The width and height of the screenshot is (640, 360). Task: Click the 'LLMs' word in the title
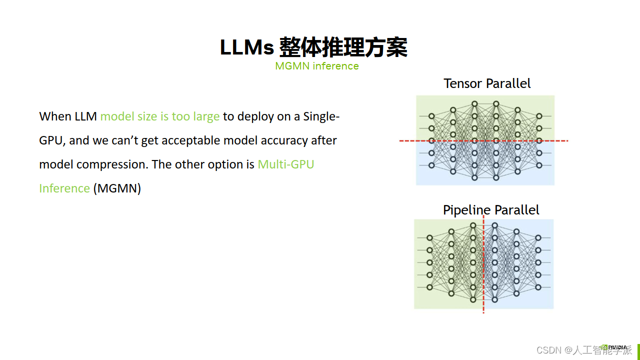coord(247,47)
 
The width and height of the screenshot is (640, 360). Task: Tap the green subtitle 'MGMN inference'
coord(317,66)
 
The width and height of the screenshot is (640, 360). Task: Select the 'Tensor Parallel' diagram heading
coord(487,83)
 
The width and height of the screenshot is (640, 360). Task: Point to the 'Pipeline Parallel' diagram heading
coord(491,210)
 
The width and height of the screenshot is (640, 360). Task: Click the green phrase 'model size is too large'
coord(160,116)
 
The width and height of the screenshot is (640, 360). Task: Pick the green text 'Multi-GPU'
coord(285,164)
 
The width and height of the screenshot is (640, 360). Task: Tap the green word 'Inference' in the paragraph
coord(64,188)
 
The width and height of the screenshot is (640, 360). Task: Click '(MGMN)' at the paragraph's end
coord(117,188)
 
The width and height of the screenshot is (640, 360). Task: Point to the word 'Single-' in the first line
coord(321,116)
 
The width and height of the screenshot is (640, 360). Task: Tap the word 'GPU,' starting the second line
coord(52,140)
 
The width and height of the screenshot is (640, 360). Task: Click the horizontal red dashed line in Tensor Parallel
coord(483,141)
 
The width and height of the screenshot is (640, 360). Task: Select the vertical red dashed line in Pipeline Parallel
coord(483,264)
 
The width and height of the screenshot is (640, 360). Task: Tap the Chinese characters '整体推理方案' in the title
coord(343,47)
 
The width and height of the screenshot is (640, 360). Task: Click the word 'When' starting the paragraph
coord(55,116)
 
